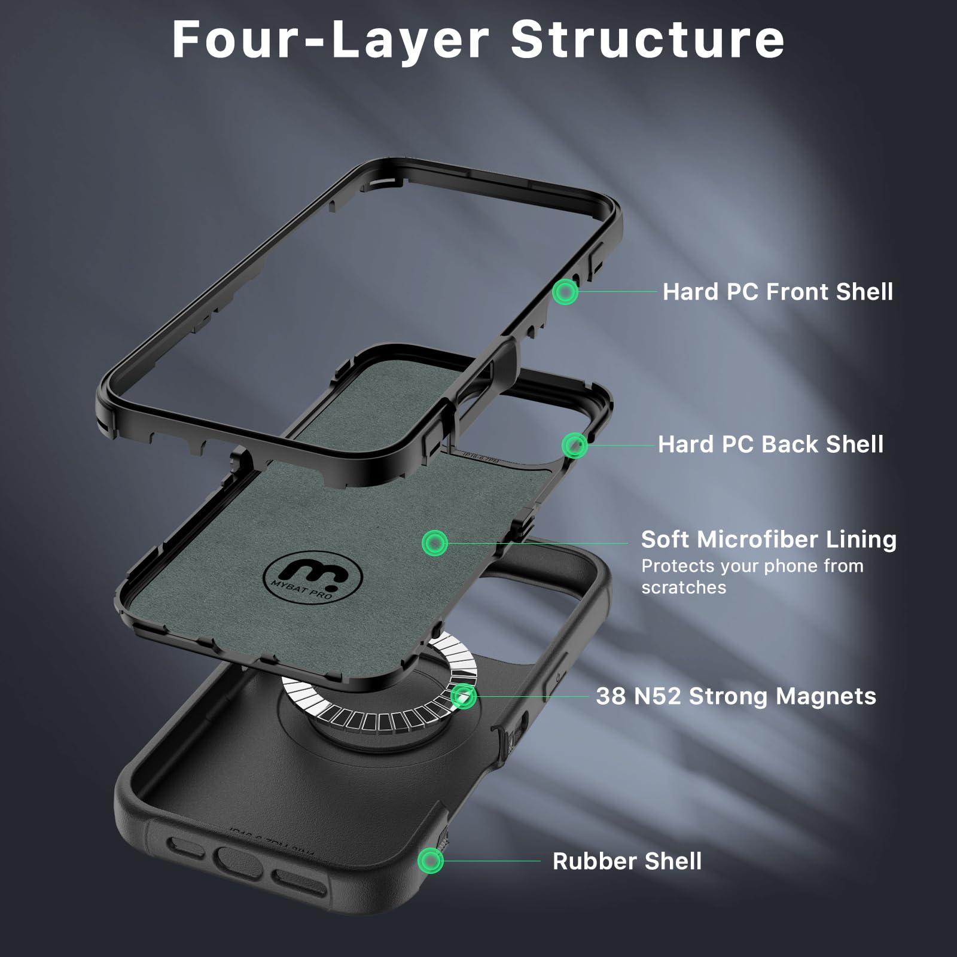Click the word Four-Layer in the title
330,39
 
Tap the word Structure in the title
647,39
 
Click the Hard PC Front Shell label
778,292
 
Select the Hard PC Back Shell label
770,444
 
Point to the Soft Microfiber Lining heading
769,540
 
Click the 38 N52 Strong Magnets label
736,696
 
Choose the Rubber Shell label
627,861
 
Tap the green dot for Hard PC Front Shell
565,292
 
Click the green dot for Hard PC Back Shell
574,445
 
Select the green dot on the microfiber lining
435,543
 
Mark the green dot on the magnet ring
463,696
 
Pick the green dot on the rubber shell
430,861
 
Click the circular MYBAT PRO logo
312,577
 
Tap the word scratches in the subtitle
684,587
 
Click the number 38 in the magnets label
610,696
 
